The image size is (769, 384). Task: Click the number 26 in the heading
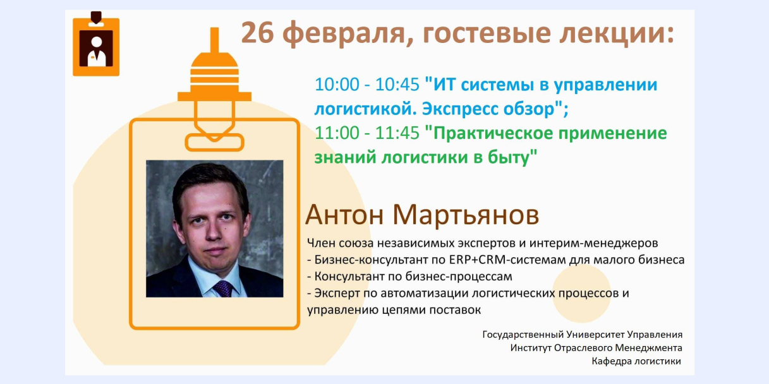click(x=258, y=33)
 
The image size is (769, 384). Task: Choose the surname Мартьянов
click(x=466, y=215)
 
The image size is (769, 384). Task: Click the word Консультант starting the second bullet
click(x=349, y=277)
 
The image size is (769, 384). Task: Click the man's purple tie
click(x=223, y=289)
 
